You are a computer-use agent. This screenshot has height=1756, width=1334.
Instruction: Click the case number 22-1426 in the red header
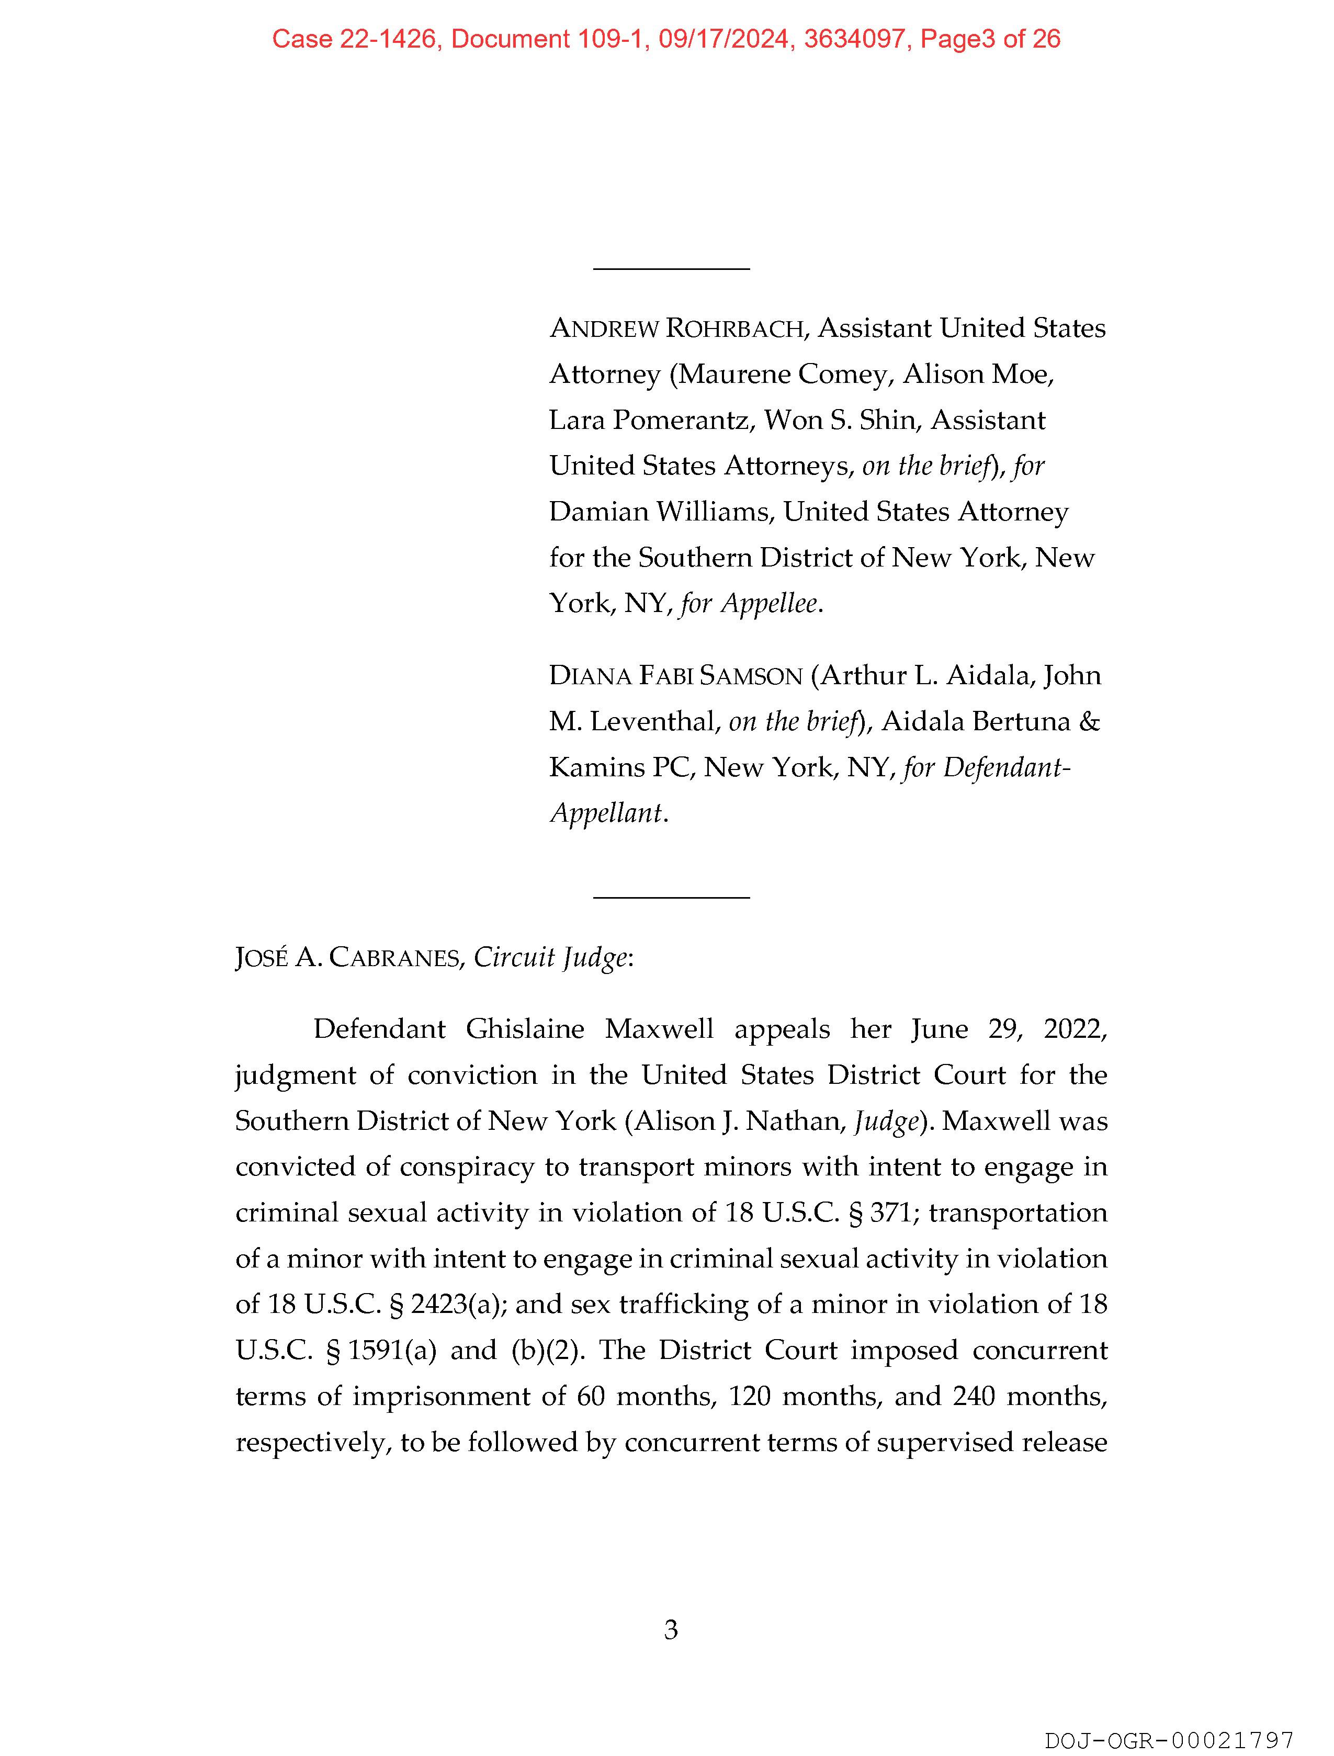click(x=388, y=39)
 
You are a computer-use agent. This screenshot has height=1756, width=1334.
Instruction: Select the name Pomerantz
click(x=681, y=420)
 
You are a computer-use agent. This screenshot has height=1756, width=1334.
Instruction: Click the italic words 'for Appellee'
click(x=749, y=604)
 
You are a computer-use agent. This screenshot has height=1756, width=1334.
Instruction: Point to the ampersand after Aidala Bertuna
click(x=1089, y=722)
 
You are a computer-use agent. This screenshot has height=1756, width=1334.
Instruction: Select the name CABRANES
click(x=394, y=958)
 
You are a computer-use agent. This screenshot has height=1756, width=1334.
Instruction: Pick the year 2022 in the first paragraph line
click(x=1073, y=1029)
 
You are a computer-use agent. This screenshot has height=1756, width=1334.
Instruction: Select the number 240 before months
click(x=974, y=1397)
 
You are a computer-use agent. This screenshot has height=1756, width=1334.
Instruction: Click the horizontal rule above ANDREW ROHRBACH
click(x=671, y=269)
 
